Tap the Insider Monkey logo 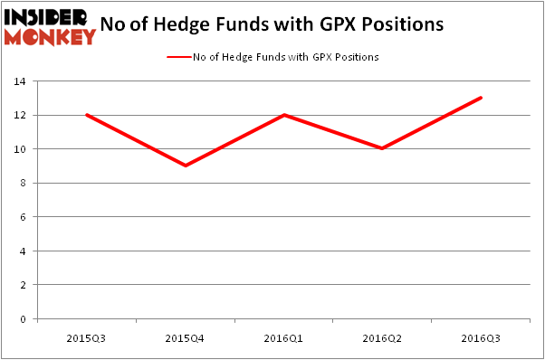[50, 25]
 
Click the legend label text [285, 57]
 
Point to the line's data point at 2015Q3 [87, 115]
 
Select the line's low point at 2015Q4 [186, 166]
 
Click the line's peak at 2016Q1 [285, 115]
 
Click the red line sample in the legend [177, 57]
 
